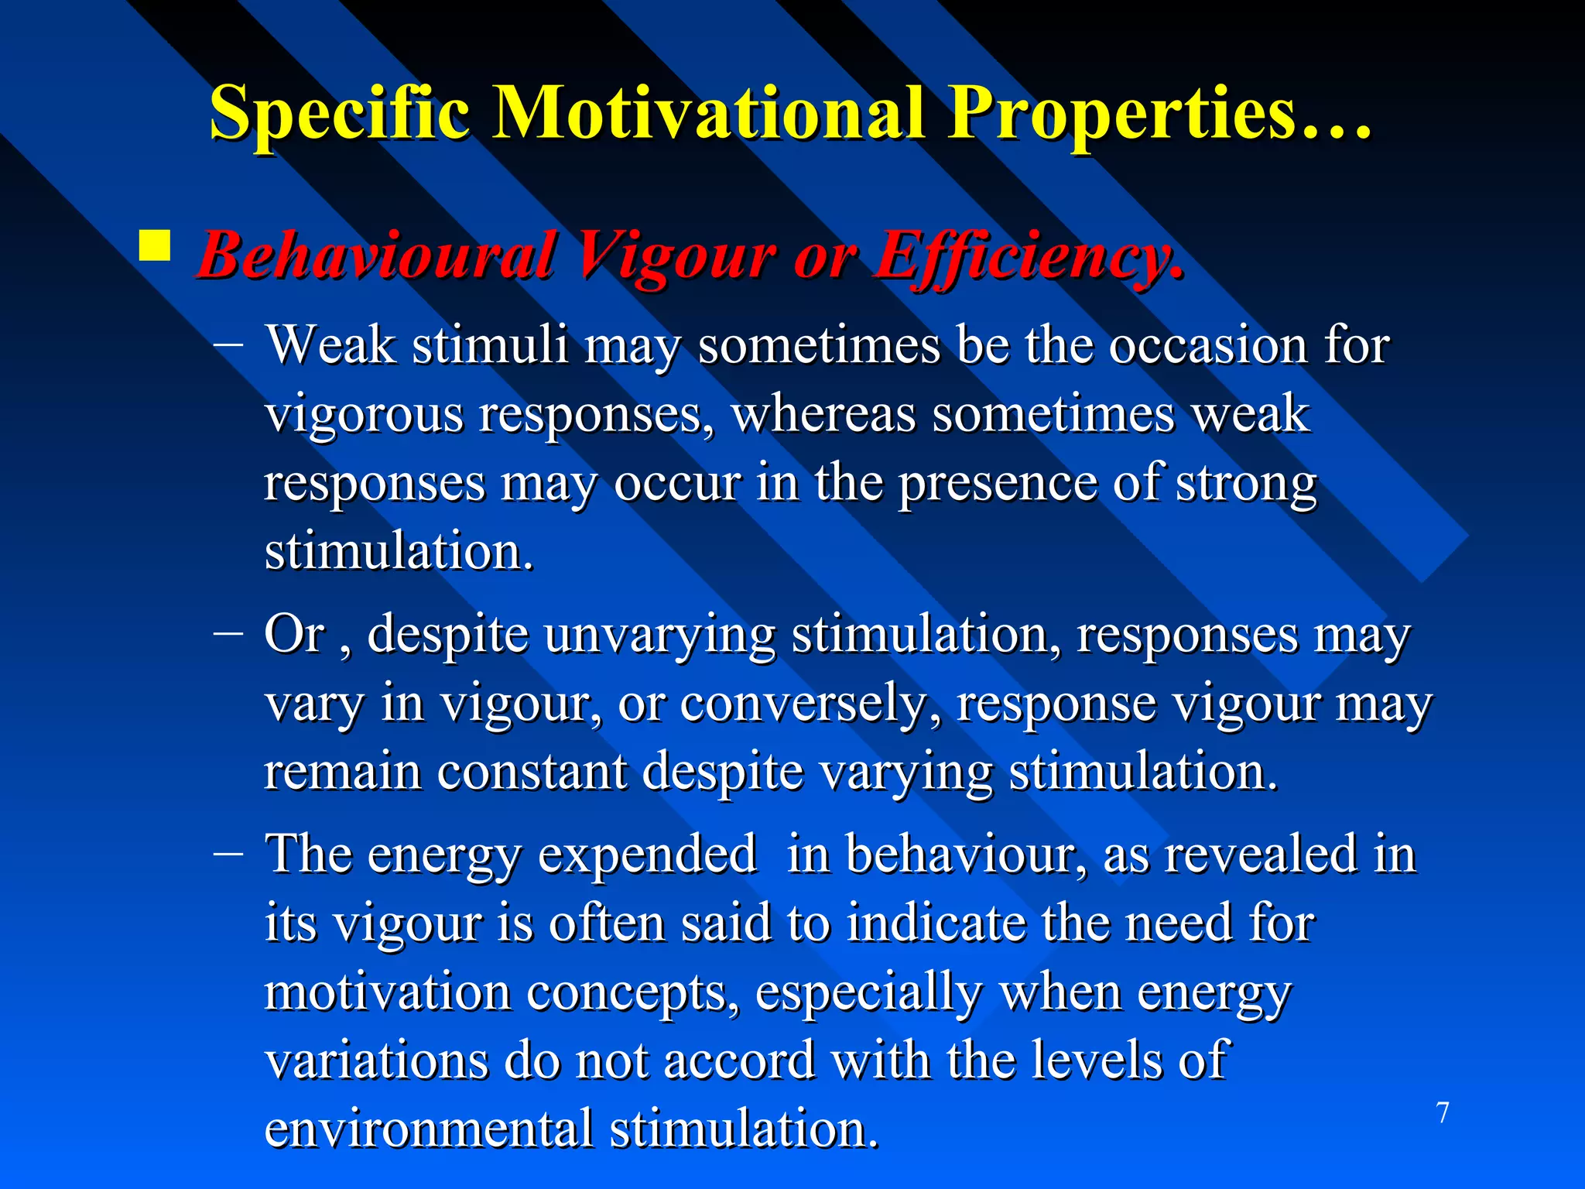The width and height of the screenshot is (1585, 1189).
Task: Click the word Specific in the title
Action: (340, 115)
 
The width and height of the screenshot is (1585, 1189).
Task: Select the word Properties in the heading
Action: (1121, 115)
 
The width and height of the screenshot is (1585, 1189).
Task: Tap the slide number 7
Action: (1442, 1113)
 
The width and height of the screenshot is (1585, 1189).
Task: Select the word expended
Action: (647, 855)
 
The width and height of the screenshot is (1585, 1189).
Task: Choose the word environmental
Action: (429, 1129)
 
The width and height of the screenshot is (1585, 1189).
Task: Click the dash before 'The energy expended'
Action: (228, 854)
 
